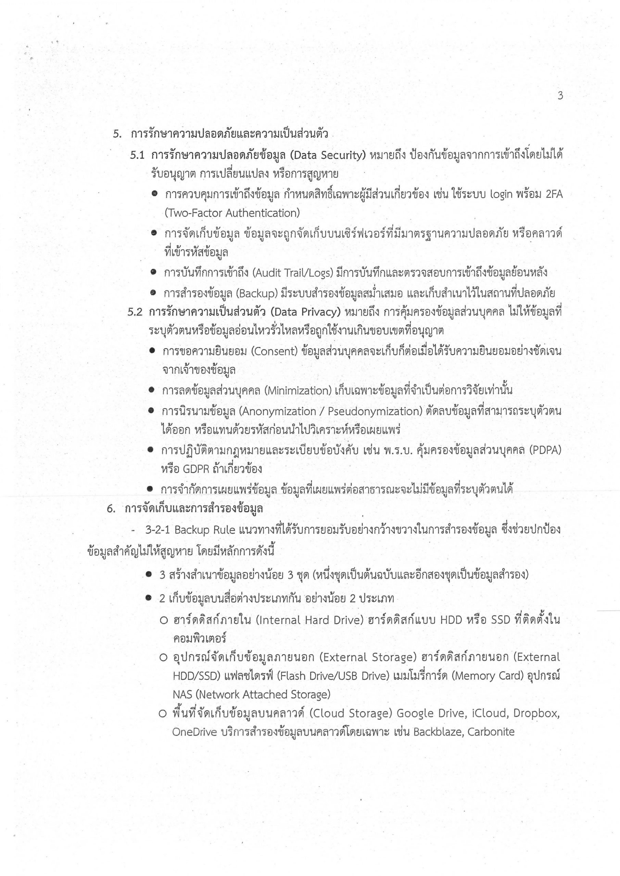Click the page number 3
tap(560, 96)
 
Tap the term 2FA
tap(554, 194)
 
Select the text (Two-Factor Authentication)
tap(232, 213)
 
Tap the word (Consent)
tap(274, 351)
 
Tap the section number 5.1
tap(137, 155)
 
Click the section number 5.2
tap(135, 312)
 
